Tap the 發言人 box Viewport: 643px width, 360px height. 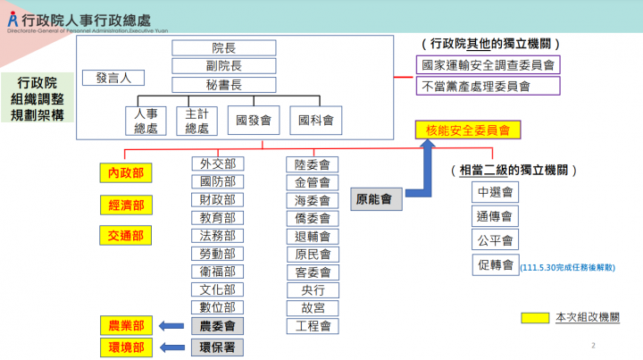113,78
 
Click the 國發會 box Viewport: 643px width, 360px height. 254,120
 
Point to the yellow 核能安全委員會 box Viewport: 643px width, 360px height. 467,130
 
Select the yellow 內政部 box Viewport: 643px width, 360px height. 125,173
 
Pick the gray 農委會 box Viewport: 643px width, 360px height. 218,326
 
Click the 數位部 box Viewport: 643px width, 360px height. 218,307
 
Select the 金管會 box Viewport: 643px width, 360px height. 313,181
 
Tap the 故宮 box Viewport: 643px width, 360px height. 313,307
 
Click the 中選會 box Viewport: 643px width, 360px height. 494,192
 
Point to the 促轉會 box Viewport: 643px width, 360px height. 494,264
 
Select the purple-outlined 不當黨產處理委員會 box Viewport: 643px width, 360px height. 488,87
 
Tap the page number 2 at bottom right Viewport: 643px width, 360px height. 593,344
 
